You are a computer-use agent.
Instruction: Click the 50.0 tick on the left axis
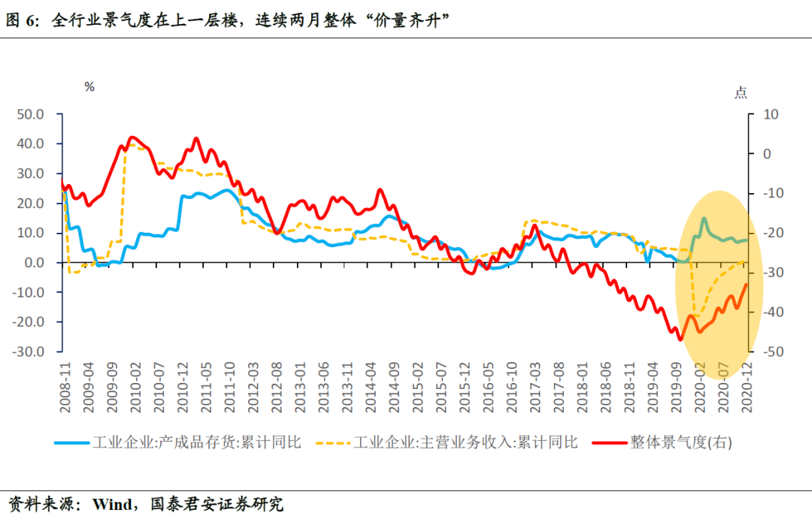[32, 114]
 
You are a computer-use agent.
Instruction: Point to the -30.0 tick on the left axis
[31, 352]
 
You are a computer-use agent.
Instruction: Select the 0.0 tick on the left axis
[35, 263]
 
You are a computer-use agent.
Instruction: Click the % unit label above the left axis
[89, 86]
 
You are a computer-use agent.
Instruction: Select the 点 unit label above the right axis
[741, 92]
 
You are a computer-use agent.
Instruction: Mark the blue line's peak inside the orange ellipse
[704, 219]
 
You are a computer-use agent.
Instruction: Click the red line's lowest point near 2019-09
[680, 339]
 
